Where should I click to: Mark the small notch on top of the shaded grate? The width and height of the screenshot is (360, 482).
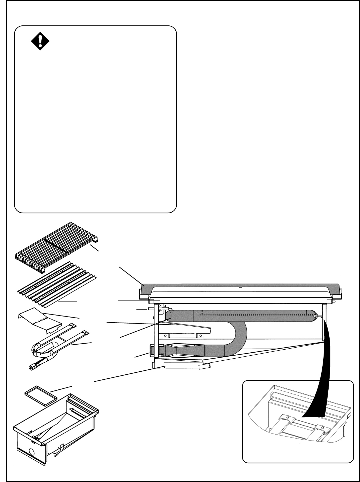click(240, 286)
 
